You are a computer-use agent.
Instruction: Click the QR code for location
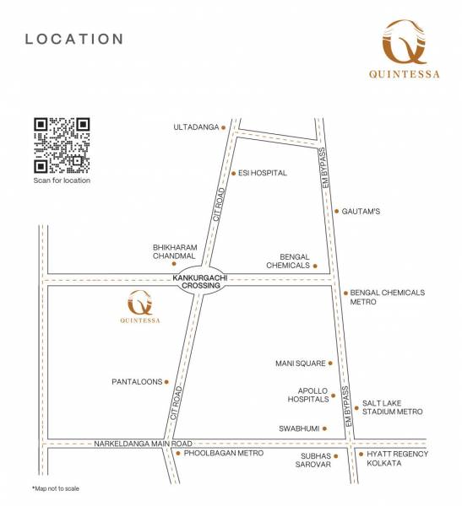coord(62,145)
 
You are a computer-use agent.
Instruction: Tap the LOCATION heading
coord(74,39)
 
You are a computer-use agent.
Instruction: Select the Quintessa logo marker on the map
coord(140,308)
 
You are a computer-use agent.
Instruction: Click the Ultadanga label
coord(194,127)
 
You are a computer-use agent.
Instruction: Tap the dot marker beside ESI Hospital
coord(234,173)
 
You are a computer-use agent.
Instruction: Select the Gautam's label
coord(361,211)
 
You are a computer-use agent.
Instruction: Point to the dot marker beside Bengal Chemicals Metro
coord(345,293)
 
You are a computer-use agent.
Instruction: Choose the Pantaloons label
coord(136,382)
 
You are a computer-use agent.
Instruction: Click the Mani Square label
coord(300,363)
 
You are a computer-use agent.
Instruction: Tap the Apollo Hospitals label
coord(307,395)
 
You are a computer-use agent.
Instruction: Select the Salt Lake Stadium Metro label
coord(392,407)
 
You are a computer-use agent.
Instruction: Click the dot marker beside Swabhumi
coord(324,428)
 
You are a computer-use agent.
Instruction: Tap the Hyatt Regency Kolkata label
coord(397,459)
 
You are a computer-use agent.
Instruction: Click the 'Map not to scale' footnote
coord(56,488)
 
